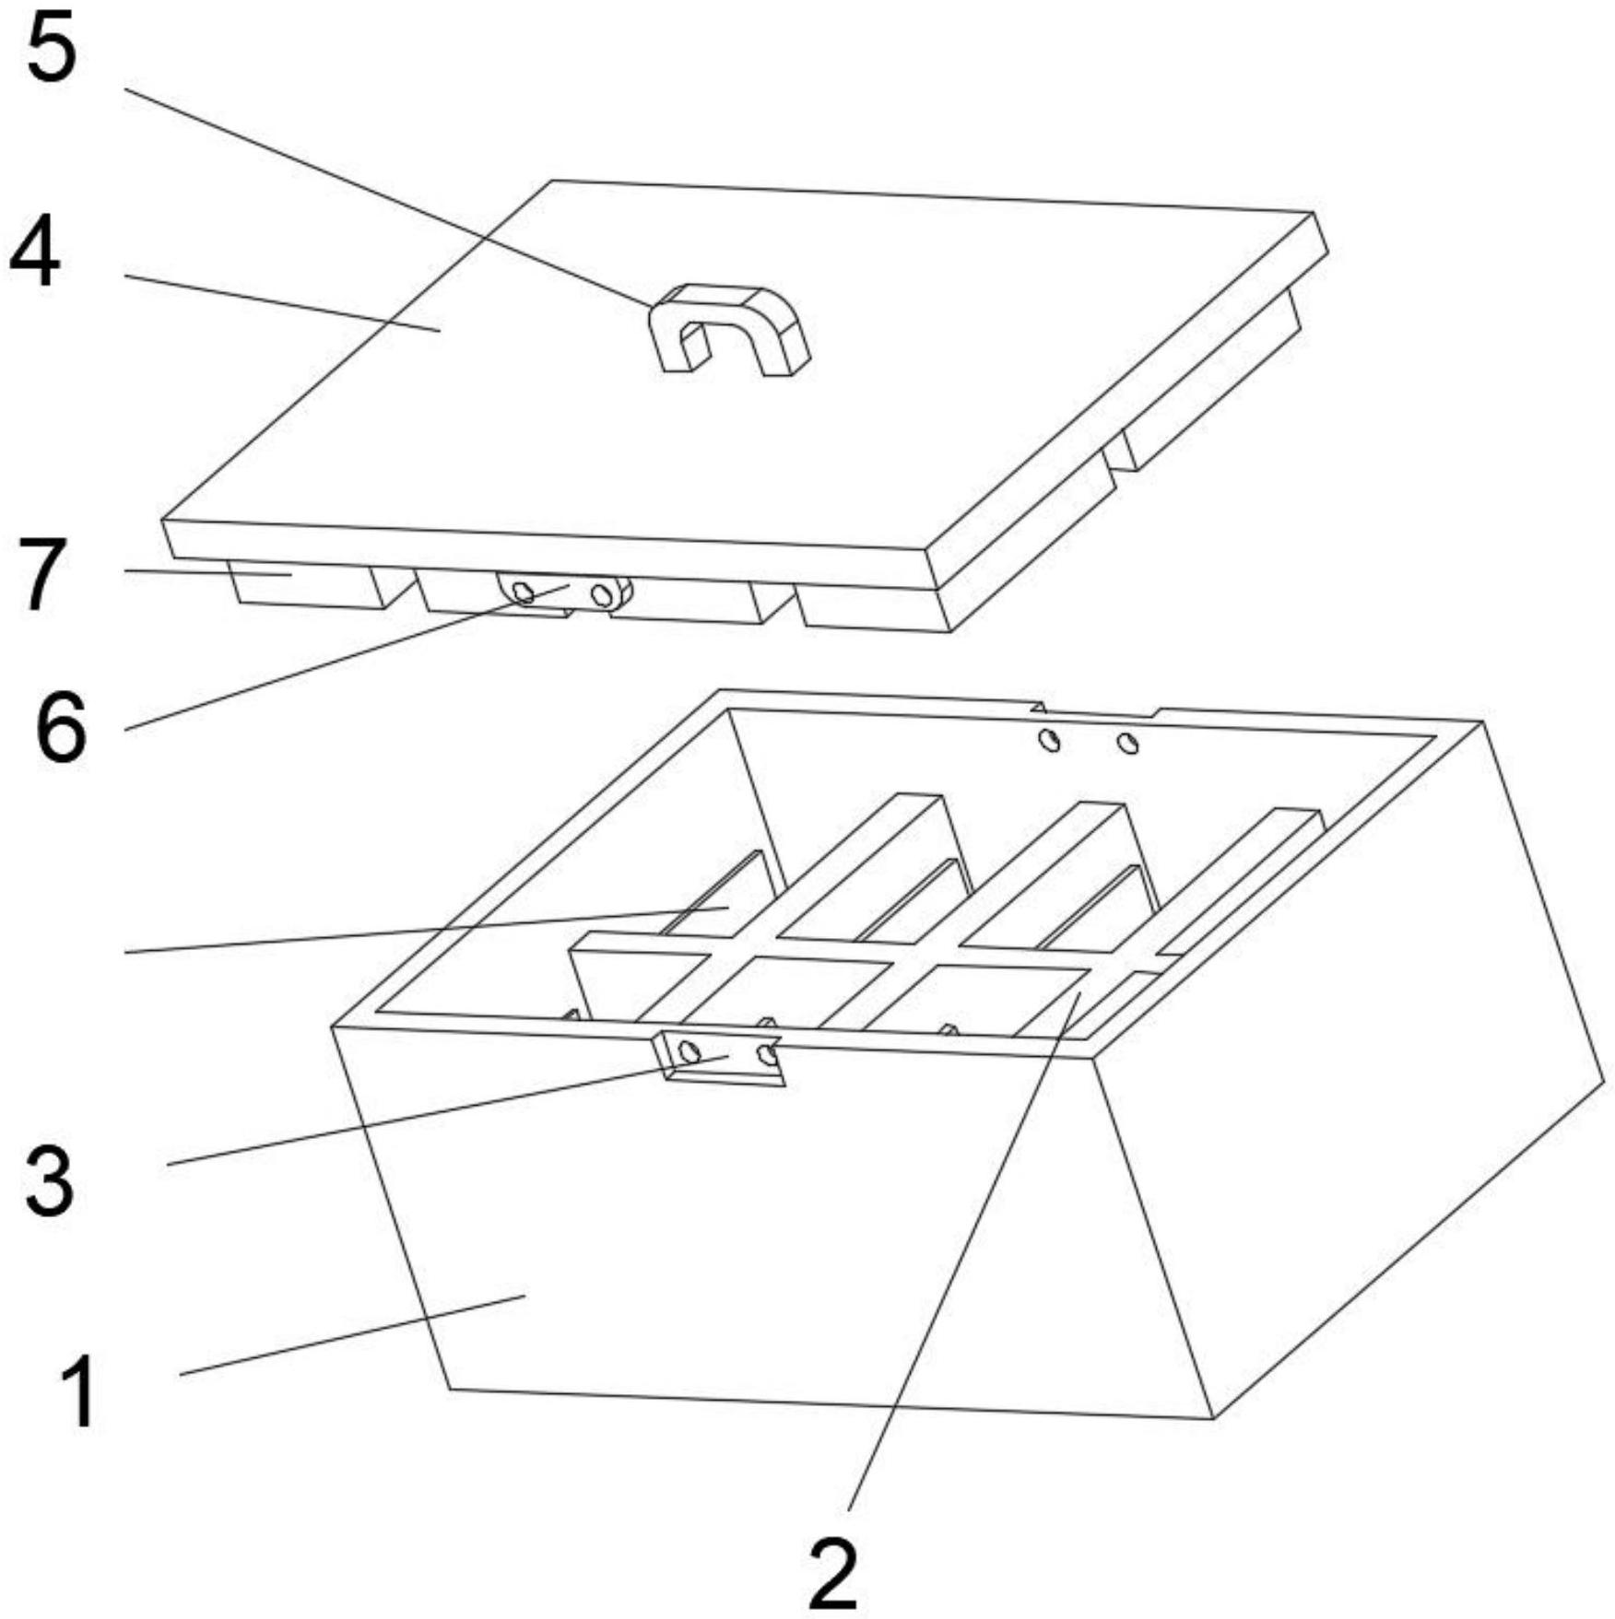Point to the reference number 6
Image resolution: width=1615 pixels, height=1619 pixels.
pos(60,728)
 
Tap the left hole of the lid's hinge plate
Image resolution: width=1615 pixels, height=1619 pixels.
pos(523,592)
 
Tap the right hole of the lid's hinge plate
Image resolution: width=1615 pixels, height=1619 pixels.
pos(602,594)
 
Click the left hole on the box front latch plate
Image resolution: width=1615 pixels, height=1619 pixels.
pos(688,1050)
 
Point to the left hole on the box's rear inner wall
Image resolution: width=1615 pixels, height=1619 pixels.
pos(1048,739)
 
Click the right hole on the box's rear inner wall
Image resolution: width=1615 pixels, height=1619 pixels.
pos(1127,743)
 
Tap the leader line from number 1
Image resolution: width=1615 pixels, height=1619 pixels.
pos(350,1335)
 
